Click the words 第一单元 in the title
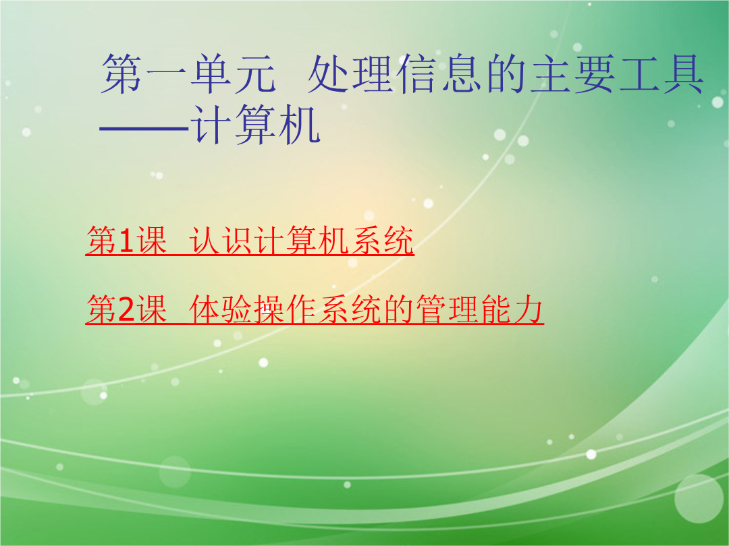(189, 74)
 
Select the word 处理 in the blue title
(351, 74)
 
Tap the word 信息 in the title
(440, 74)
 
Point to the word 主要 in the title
(573, 74)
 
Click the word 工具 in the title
(661, 74)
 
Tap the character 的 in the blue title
(506, 74)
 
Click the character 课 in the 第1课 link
(151, 241)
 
